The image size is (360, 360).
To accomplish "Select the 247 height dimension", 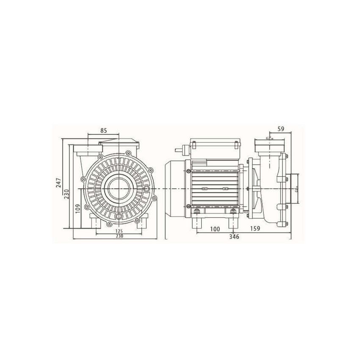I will click(x=59, y=182).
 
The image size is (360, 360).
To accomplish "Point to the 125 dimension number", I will click(x=118, y=231).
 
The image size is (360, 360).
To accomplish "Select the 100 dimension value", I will click(x=215, y=229).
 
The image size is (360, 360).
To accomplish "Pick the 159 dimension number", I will click(x=255, y=229).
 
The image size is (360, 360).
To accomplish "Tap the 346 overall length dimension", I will click(x=234, y=237).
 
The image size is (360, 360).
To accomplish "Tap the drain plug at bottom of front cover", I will click(x=120, y=217).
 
